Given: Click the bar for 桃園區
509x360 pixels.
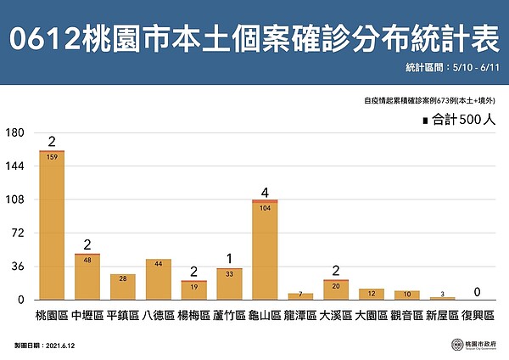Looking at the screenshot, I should tap(52, 225).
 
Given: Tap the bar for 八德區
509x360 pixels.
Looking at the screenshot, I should tap(159, 279).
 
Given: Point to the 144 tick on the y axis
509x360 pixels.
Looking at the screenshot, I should tap(14, 166).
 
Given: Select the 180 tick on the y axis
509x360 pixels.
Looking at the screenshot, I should tap(14, 133).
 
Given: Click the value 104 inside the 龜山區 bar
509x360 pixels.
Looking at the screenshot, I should tap(265, 207).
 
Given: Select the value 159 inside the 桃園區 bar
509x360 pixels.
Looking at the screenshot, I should tap(52, 156).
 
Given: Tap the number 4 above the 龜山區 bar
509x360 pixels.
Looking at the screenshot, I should tap(266, 191).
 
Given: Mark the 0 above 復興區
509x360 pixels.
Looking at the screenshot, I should tap(478, 292).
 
